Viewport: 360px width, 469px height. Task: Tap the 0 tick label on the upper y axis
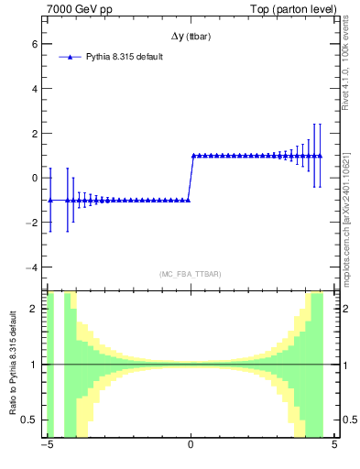35,178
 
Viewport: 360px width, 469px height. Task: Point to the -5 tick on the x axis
47,446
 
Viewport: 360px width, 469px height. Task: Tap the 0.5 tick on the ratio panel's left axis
30,420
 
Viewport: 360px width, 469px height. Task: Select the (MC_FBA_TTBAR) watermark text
191,274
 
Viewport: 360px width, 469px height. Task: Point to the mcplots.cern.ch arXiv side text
345,197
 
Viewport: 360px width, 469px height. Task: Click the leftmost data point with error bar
49,200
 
